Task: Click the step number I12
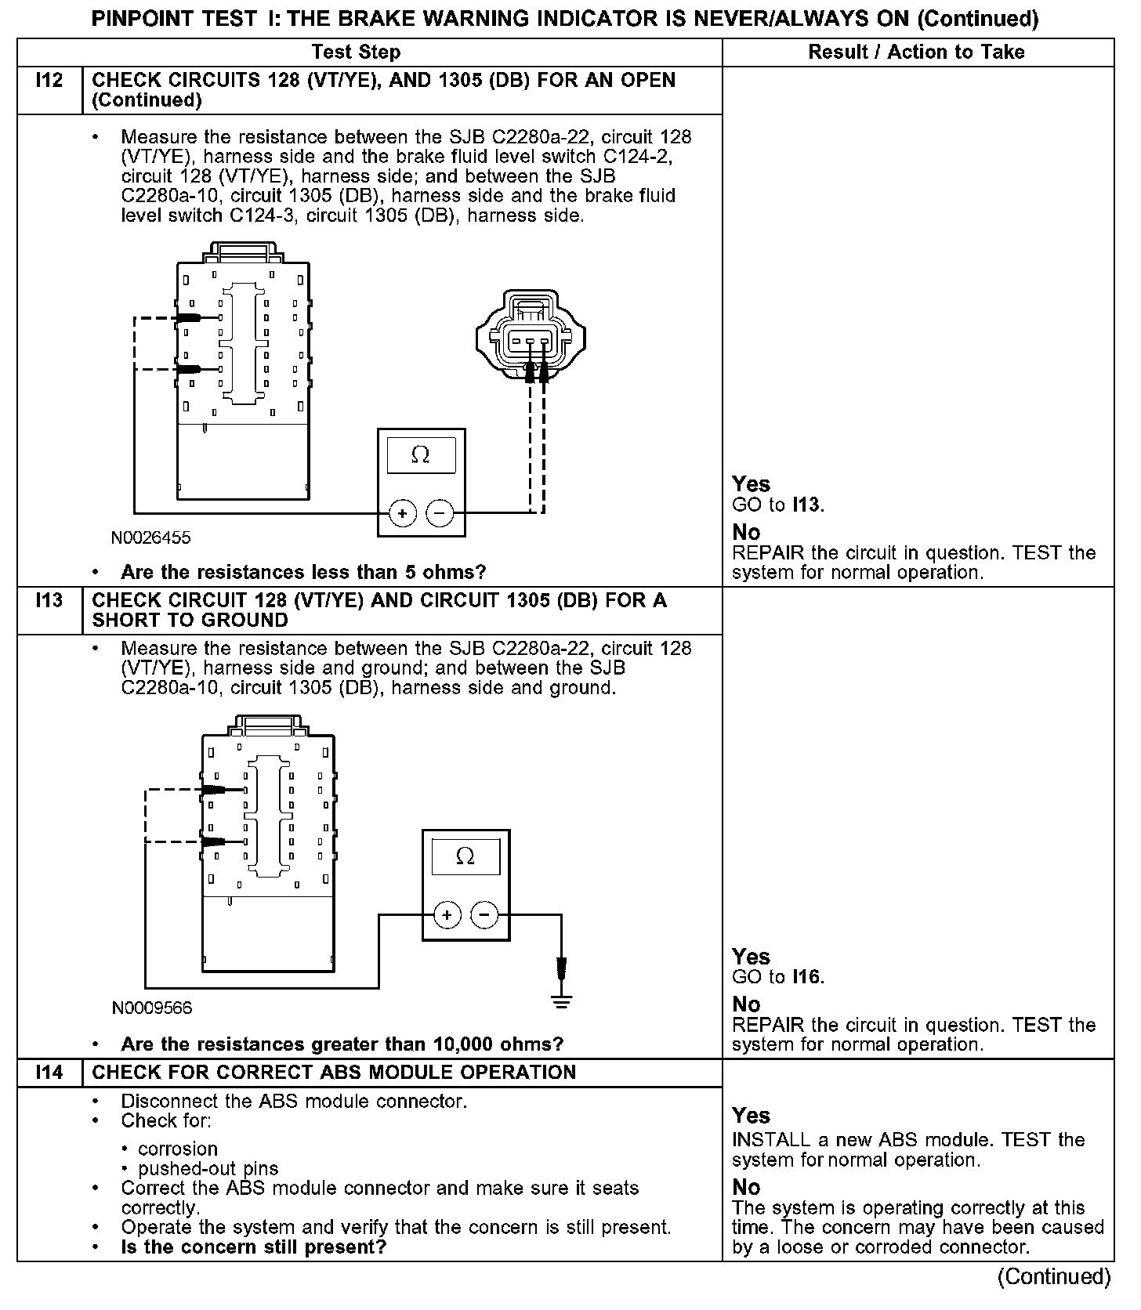pos(49,81)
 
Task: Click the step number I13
pos(49,601)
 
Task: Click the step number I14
pos(49,1073)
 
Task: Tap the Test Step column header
pos(356,52)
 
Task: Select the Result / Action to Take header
pos(916,52)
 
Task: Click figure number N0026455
pos(150,538)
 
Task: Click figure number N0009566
pos(152,1008)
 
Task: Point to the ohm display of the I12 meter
pos(421,455)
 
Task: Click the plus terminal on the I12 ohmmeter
pos(402,514)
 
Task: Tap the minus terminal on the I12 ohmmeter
pos(440,514)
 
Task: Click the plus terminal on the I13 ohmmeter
pos(447,915)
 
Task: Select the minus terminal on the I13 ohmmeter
pos(484,915)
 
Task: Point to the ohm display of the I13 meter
pos(465,857)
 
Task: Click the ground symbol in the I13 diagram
pos(561,999)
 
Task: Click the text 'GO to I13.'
pos(777,505)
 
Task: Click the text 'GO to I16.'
pos(777,977)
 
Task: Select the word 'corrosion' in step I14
pos(178,1149)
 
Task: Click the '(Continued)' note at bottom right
pos(1053,1277)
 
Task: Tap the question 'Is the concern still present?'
pos(254,1247)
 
